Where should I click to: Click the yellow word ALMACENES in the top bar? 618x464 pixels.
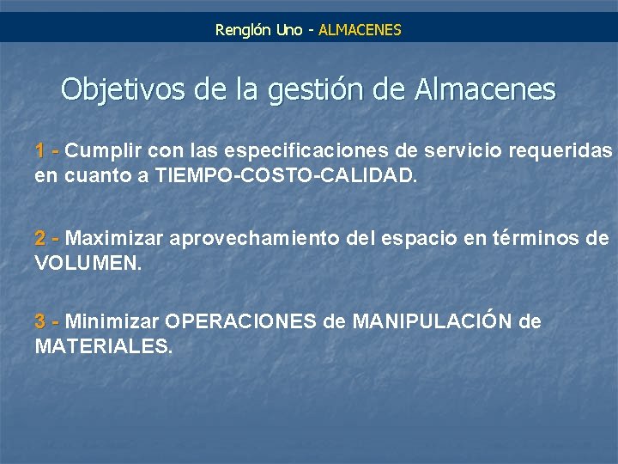(x=360, y=30)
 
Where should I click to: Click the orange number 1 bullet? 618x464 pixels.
(x=40, y=151)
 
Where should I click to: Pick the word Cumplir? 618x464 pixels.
(x=103, y=151)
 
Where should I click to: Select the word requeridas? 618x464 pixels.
(x=560, y=151)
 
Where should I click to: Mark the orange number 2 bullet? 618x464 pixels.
(x=40, y=238)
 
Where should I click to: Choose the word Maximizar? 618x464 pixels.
(x=115, y=238)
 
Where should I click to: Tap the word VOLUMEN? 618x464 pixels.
(x=88, y=263)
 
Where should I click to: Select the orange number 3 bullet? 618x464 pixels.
(x=40, y=322)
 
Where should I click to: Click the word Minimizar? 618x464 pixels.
(x=112, y=322)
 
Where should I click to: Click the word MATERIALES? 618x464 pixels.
(x=104, y=347)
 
